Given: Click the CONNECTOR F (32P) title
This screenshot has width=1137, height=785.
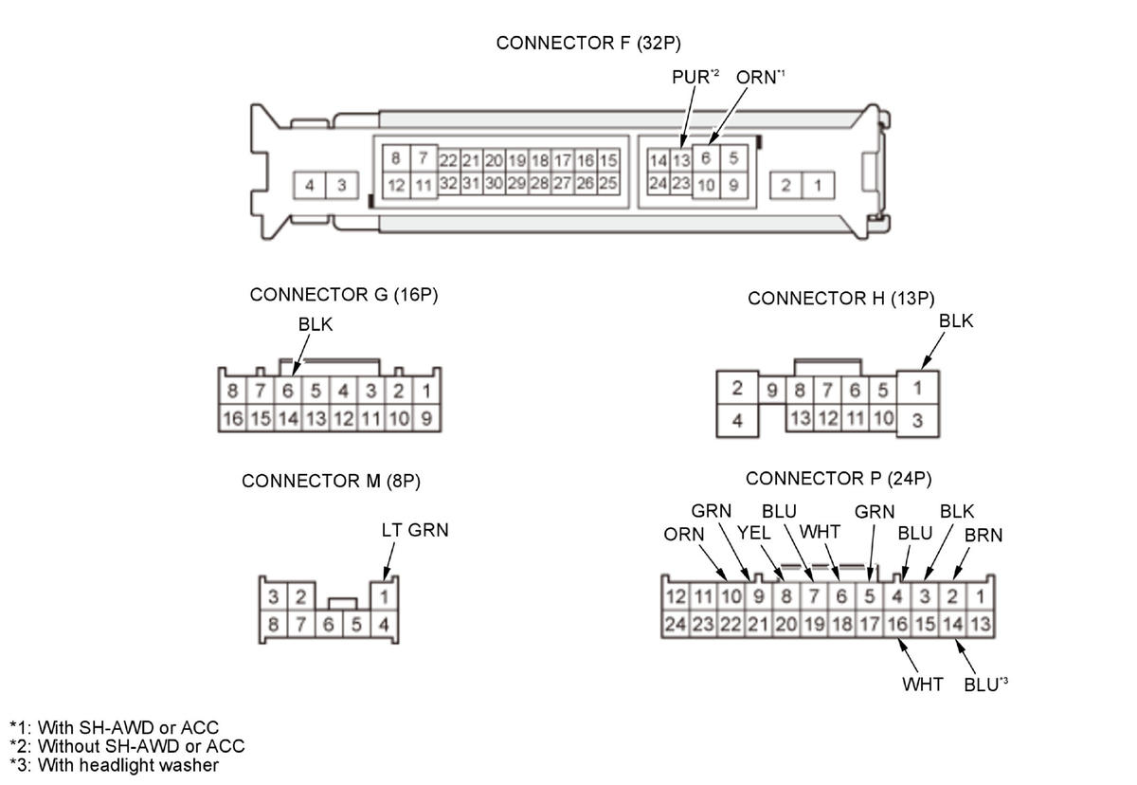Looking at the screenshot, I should (x=588, y=44).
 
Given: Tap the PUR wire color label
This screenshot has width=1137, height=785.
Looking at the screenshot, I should (x=691, y=77).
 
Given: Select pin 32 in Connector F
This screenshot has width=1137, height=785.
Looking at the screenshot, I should (x=449, y=183).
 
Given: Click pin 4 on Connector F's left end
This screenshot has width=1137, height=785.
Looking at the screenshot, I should (x=310, y=185).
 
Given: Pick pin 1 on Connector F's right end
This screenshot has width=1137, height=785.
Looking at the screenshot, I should (x=818, y=185).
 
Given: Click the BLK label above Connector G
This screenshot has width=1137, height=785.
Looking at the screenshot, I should (x=316, y=324).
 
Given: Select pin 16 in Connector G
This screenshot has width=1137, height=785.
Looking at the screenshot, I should (x=233, y=418).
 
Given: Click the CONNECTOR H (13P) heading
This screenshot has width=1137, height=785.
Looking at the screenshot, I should (x=840, y=298).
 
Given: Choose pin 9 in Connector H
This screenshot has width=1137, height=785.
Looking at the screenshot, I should (x=773, y=391).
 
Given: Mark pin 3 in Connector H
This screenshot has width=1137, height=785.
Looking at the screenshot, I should (x=917, y=420).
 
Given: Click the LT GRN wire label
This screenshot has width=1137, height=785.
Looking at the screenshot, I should (x=414, y=531).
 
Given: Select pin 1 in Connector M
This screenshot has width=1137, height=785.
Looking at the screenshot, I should (x=383, y=597).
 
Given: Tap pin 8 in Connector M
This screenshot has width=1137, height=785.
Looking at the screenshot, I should (x=274, y=625).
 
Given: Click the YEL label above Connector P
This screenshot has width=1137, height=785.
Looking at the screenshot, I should (x=754, y=533).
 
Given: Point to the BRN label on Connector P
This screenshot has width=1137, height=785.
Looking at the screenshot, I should (x=983, y=536).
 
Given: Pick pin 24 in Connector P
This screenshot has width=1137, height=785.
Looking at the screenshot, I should (x=675, y=625).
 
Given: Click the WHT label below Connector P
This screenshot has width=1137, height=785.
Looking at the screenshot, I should (x=922, y=684).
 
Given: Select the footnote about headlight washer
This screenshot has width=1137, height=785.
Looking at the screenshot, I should (x=115, y=765).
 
